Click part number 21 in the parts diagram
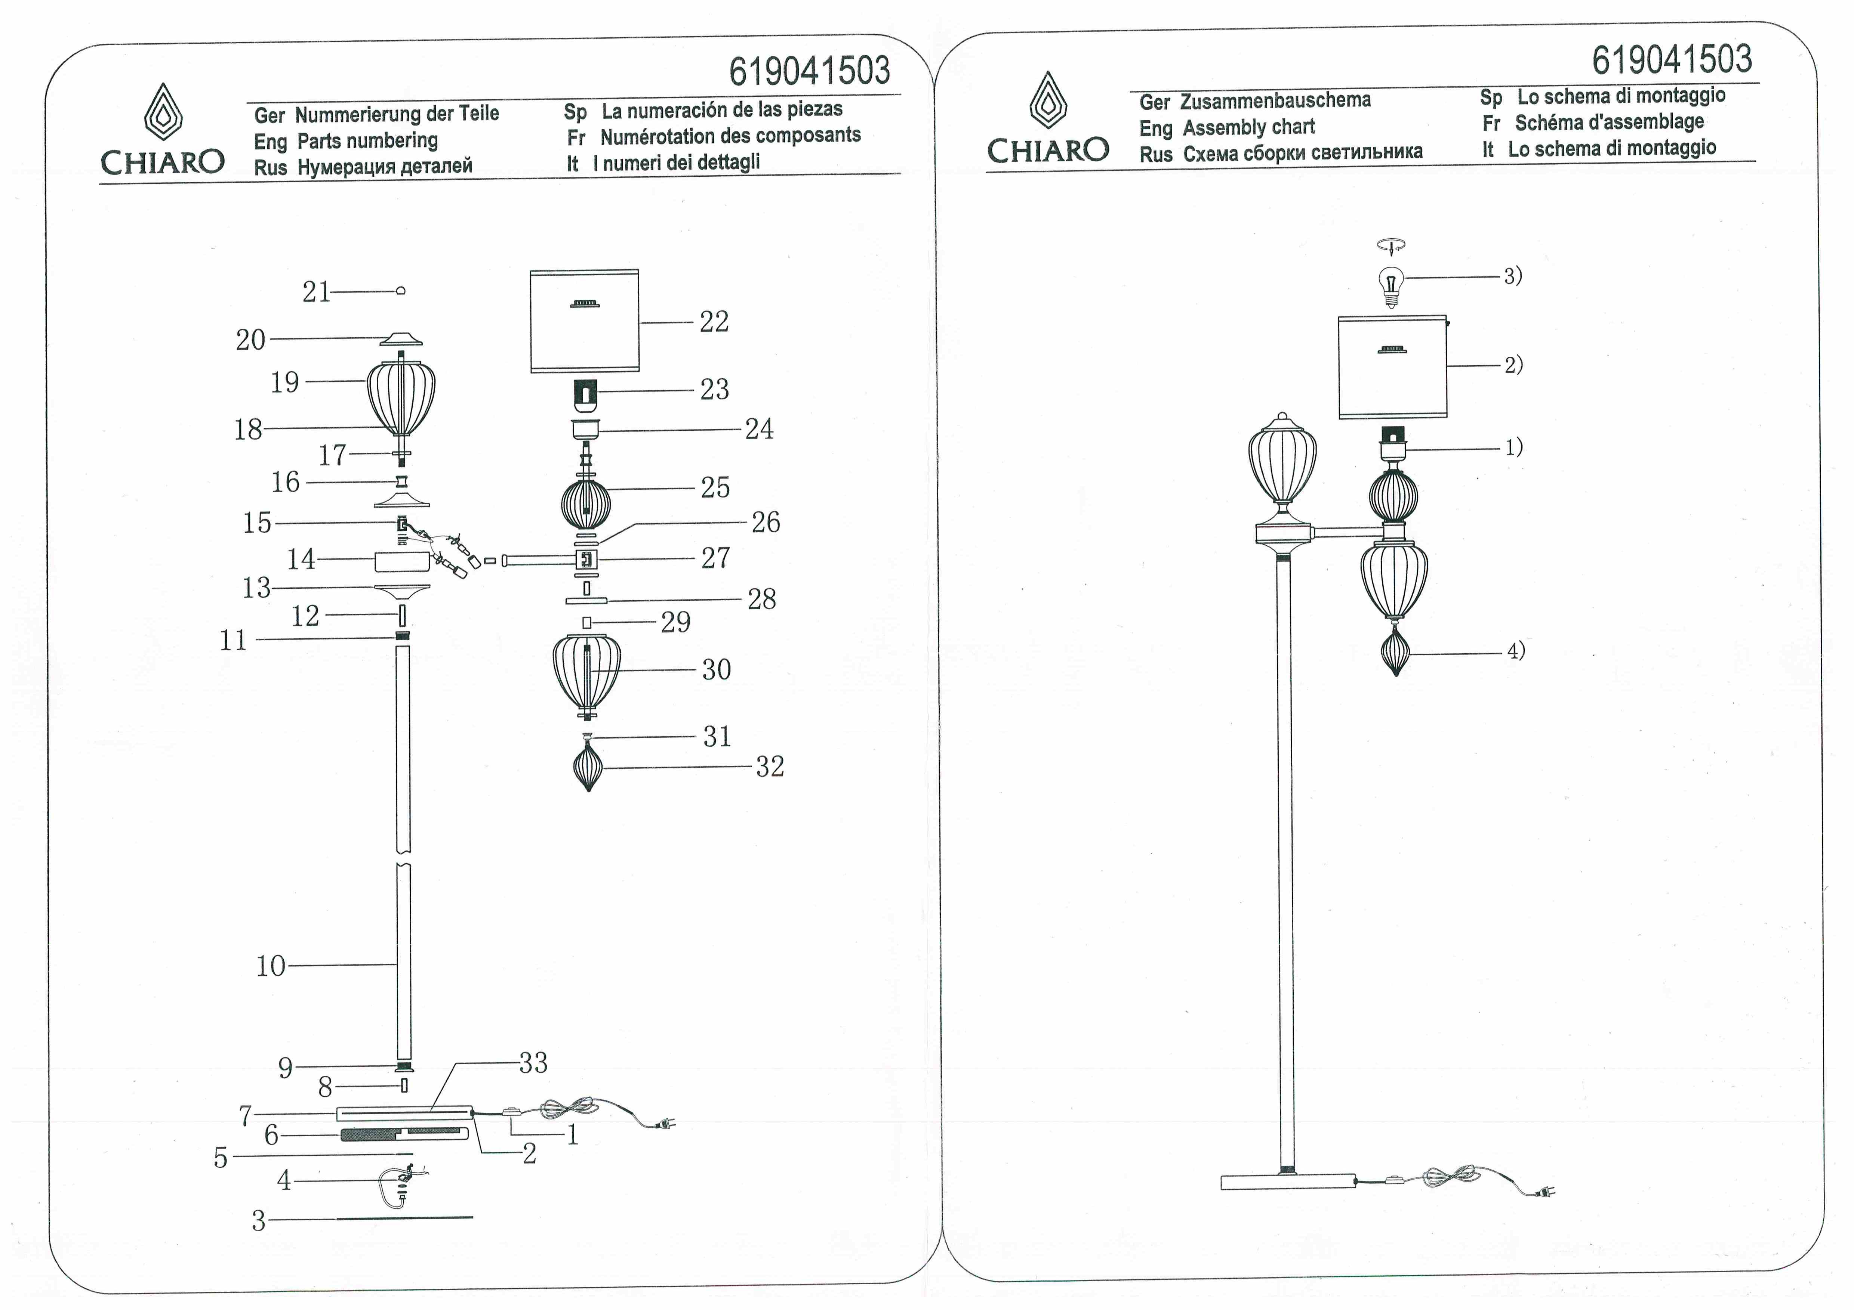tap(317, 291)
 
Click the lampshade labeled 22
tap(585, 321)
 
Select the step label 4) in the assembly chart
tap(1516, 651)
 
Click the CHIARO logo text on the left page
tap(162, 162)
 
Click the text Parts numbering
tap(367, 140)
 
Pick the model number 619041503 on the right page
tap(1672, 60)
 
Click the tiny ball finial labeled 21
tap(401, 291)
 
